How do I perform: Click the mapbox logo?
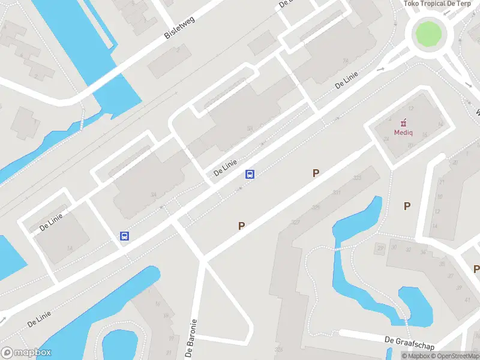26,353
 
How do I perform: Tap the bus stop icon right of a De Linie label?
250,175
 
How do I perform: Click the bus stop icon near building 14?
124,236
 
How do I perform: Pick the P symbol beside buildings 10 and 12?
407,206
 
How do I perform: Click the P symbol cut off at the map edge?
476,269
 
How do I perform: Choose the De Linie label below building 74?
347,80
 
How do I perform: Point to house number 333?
358,178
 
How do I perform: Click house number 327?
295,222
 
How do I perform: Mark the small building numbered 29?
380,248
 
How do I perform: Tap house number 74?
345,61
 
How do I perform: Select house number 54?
249,128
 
